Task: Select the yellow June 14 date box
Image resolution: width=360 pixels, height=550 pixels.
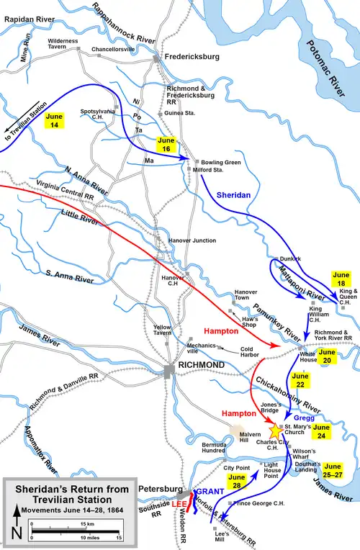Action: tap(54, 120)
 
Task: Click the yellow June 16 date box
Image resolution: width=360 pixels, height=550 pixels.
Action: tap(166, 143)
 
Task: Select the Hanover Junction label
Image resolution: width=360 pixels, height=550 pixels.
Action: tap(192, 240)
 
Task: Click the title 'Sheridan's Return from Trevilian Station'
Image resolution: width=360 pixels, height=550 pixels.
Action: tap(63, 493)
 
